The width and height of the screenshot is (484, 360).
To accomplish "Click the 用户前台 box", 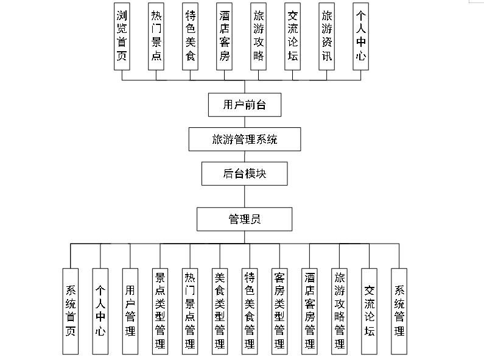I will (x=244, y=105).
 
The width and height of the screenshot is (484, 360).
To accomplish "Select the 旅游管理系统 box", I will (x=244, y=139).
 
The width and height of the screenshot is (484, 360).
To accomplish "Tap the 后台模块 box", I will (x=244, y=174).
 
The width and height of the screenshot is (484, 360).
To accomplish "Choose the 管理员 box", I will (x=244, y=219).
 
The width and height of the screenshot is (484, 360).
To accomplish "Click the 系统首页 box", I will (x=71, y=311).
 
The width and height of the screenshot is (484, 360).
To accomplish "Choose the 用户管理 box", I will (x=130, y=311).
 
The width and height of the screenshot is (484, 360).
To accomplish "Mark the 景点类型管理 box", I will (x=160, y=311).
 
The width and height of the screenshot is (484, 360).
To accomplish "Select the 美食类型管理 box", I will (x=220, y=311).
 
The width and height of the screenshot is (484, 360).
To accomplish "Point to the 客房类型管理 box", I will (x=279, y=311).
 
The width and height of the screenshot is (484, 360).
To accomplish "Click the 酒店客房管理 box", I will (x=309, y=311).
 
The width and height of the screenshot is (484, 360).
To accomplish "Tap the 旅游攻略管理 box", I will (x=339, y=311).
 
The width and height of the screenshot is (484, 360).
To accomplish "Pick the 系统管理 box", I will (x=399, y=311).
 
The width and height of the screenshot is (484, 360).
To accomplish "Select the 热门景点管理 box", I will (x=190, y=311).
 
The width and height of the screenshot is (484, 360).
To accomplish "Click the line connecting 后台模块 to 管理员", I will (x=244, y=196).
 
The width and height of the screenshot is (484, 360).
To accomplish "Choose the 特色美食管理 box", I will (x=250, y=311).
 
